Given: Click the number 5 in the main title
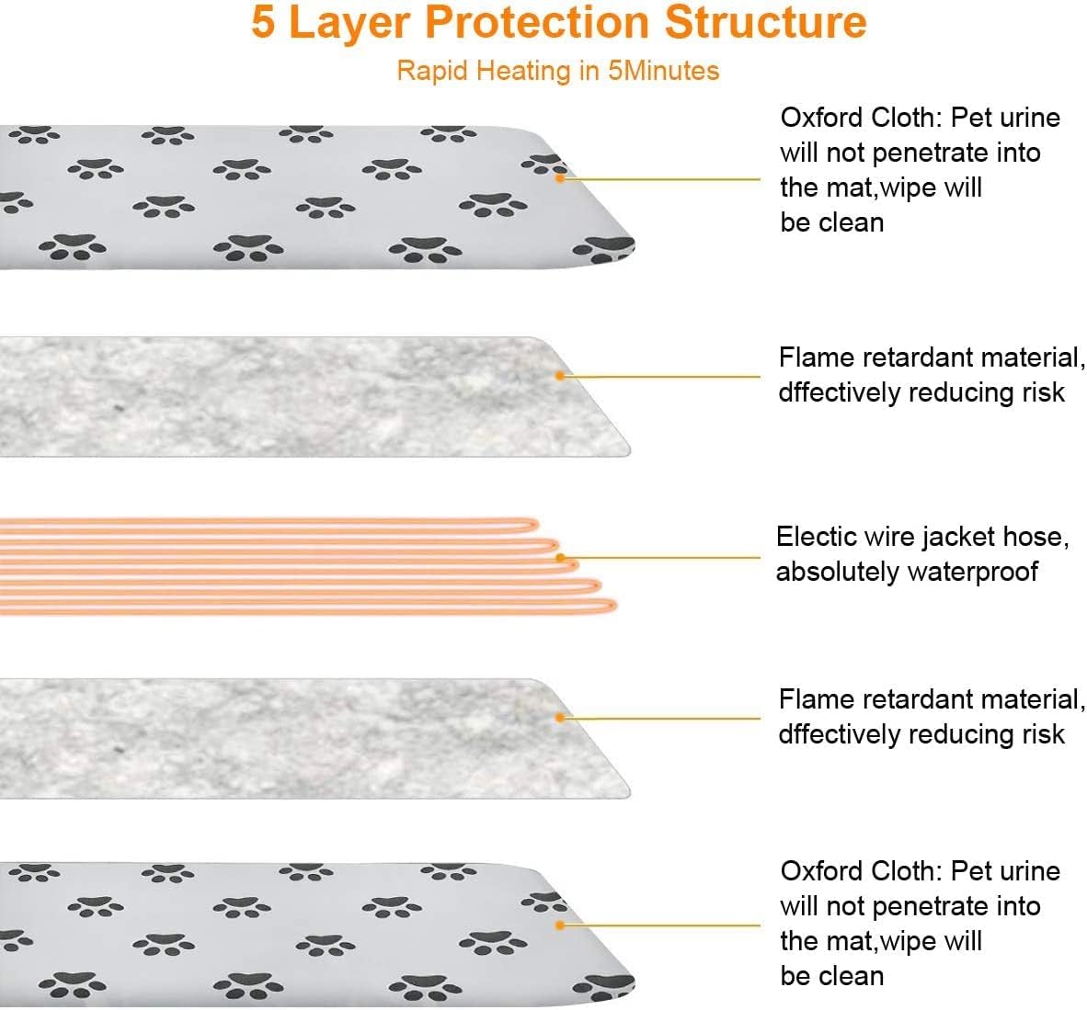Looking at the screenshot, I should tap(263, 22).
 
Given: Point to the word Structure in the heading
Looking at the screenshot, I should tap(765, 22).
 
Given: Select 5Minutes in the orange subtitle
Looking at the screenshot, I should tap(663, 71).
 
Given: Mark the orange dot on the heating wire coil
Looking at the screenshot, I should tap(559, 557).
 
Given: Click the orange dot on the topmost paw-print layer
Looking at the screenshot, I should tap(559, 178).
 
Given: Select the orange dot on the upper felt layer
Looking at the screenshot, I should tap(559, 376).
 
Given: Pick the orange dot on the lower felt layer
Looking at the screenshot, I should tap(559, 718).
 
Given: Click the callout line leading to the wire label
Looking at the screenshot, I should tap(662, 557).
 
